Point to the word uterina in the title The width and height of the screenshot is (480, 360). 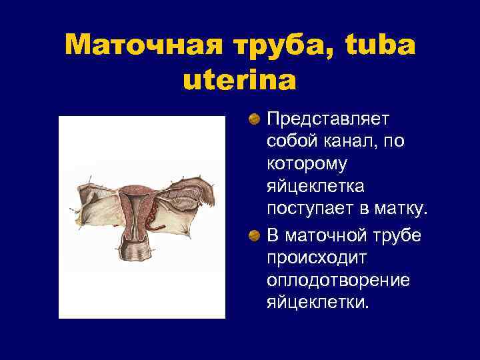tap(239, 81)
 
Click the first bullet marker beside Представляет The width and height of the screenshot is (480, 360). tap(254, 119)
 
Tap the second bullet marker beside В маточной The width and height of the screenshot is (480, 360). tap(254, 235)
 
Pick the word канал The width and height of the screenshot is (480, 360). tap(354, 142)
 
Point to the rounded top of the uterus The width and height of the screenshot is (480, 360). tap(137, 189)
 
